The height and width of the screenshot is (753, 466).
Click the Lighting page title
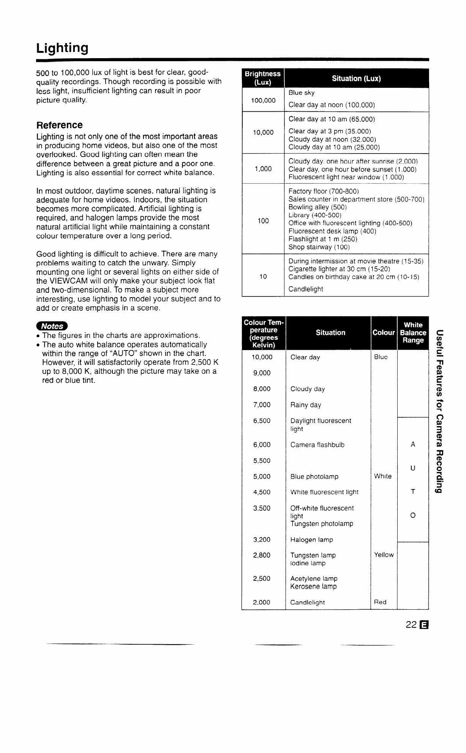pyautogui.click(x=62, y=48)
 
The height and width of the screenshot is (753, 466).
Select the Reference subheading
pyautogui.click(x=59, y=125)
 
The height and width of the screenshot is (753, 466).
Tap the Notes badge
pyautogui.click(x=52, y=326)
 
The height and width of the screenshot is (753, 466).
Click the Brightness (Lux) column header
pyautogui.click(x=263, y=78)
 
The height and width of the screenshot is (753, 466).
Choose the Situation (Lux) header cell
pyautogui.click(x=356, y=79)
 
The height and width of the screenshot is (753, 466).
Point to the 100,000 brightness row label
pyautogui.click(x=263, y=100)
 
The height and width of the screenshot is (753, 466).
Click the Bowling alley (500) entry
pyautogui.click(x=318, y=207)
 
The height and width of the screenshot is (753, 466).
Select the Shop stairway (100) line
pyautogui.click(x=319, y=247)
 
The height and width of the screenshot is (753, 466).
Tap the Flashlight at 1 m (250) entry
pyautogui.click(x=323, y=239)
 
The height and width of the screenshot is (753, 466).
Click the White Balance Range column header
pyautogui.click(x=413, y=333)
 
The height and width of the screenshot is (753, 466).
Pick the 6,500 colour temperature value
pyautogui.click(x=262, y=421)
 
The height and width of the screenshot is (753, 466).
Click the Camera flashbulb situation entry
pyautogui.click(x=317, y=445)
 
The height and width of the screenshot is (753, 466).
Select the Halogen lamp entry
pyautogui.click(x=311, y=540)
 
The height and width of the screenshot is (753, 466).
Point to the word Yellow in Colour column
pyautogui.click(x=384, y=555)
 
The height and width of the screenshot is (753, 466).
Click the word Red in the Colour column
pyautogui.click(x=380, y=602)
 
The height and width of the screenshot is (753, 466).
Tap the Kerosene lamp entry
pyautogui.click(x=313, y=587)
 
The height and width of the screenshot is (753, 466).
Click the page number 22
pyautogui.click(x=411, y=625)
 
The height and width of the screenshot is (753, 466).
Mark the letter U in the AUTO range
pyautogui.click(x=413, y=468)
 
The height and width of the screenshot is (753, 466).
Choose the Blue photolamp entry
pyautogui.click(x=314, y=477)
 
